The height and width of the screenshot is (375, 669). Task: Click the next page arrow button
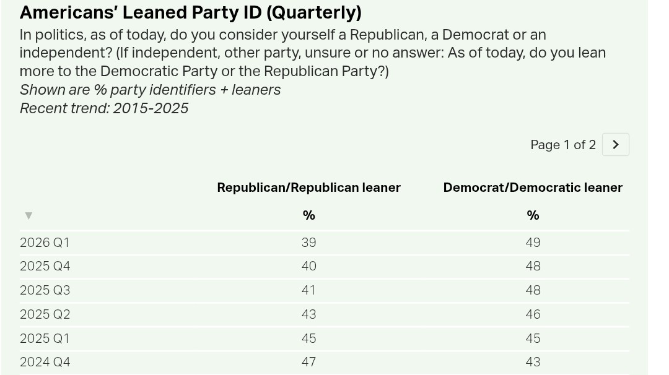coord(615,145)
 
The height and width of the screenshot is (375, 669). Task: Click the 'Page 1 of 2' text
coord(562,145)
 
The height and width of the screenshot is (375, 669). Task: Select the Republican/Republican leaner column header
coord(308,187)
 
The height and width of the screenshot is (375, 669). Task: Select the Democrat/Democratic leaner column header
coord(533,187)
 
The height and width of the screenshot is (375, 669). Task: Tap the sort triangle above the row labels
coord(28,215)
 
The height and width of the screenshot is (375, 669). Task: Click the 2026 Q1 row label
coord(45,243)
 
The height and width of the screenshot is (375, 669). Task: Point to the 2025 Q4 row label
coord(45,266)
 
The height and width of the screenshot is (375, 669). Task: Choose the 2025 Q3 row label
coord(45,290)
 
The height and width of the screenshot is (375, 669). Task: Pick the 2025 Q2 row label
coord(45,314)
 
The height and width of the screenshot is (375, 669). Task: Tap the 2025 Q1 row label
coord(45,338)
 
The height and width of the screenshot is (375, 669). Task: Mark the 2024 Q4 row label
coord(45,362)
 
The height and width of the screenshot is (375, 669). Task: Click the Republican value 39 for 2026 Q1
coord(308,243)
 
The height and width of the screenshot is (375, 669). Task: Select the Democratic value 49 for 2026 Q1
coord(533,243)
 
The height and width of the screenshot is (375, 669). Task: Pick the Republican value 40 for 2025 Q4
coord(308,266)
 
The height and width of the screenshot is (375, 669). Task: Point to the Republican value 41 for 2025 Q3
coord(308,290)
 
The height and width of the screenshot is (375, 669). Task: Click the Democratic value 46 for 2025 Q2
coord(533,314)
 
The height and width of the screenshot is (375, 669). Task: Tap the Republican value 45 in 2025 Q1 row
coord(308,338)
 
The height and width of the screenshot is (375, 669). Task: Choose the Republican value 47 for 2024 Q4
coord(308,362)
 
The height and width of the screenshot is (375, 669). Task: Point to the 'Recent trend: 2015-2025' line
coord(104,108)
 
